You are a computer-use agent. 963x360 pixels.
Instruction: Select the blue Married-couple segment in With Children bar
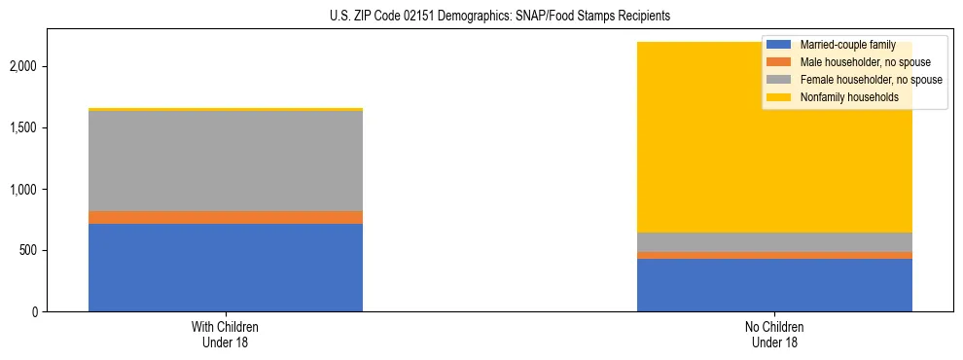coord(226,268)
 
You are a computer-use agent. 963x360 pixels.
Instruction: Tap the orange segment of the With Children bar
coord(226,218)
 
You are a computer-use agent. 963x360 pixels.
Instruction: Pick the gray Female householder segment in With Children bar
coord(226,162)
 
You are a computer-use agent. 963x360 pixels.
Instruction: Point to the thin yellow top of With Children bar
coord(226,110)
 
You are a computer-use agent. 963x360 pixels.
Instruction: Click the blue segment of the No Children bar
coord(774,285)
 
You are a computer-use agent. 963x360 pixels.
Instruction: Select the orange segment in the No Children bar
coord(774,256)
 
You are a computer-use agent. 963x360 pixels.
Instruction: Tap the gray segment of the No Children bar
coord(774,242)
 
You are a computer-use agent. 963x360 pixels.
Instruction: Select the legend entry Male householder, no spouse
coord(857,62)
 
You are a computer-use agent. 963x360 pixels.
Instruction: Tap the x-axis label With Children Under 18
coord(226,335)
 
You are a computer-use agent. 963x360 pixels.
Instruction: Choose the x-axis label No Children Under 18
coord(774,335)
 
